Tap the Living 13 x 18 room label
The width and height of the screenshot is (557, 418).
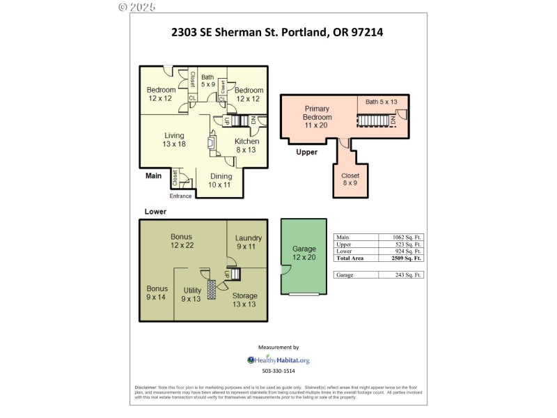click(x=174, y=139)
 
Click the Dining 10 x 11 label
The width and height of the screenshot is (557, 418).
click(x=220, y=180)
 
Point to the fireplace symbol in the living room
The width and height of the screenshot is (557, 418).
click(x=211, y=142)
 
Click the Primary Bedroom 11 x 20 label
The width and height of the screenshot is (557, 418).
click(x=317, y=117)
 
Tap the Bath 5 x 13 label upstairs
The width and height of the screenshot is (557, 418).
click(x=382, y=102)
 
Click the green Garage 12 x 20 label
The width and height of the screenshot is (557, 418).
click(x=304, y=253)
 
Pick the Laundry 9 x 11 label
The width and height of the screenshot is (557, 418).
click(x=248, y=242)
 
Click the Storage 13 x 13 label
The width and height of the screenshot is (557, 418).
click(x=244, y=300)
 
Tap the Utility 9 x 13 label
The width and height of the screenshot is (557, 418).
click(x=192, y=294)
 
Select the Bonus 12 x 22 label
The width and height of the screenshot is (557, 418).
click(x=181, y=241)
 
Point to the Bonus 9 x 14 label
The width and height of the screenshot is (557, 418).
click(x=157, y=293)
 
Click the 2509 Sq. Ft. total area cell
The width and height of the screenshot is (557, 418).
click(x=403, y=258)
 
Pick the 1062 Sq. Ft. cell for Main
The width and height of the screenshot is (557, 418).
click(x=403, y=238)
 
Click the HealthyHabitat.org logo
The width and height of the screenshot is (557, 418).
click(x=278, y=360)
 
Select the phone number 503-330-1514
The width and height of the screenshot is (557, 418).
click(x=278, y=371)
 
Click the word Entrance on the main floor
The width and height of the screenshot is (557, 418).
click(x=180, y=196)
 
